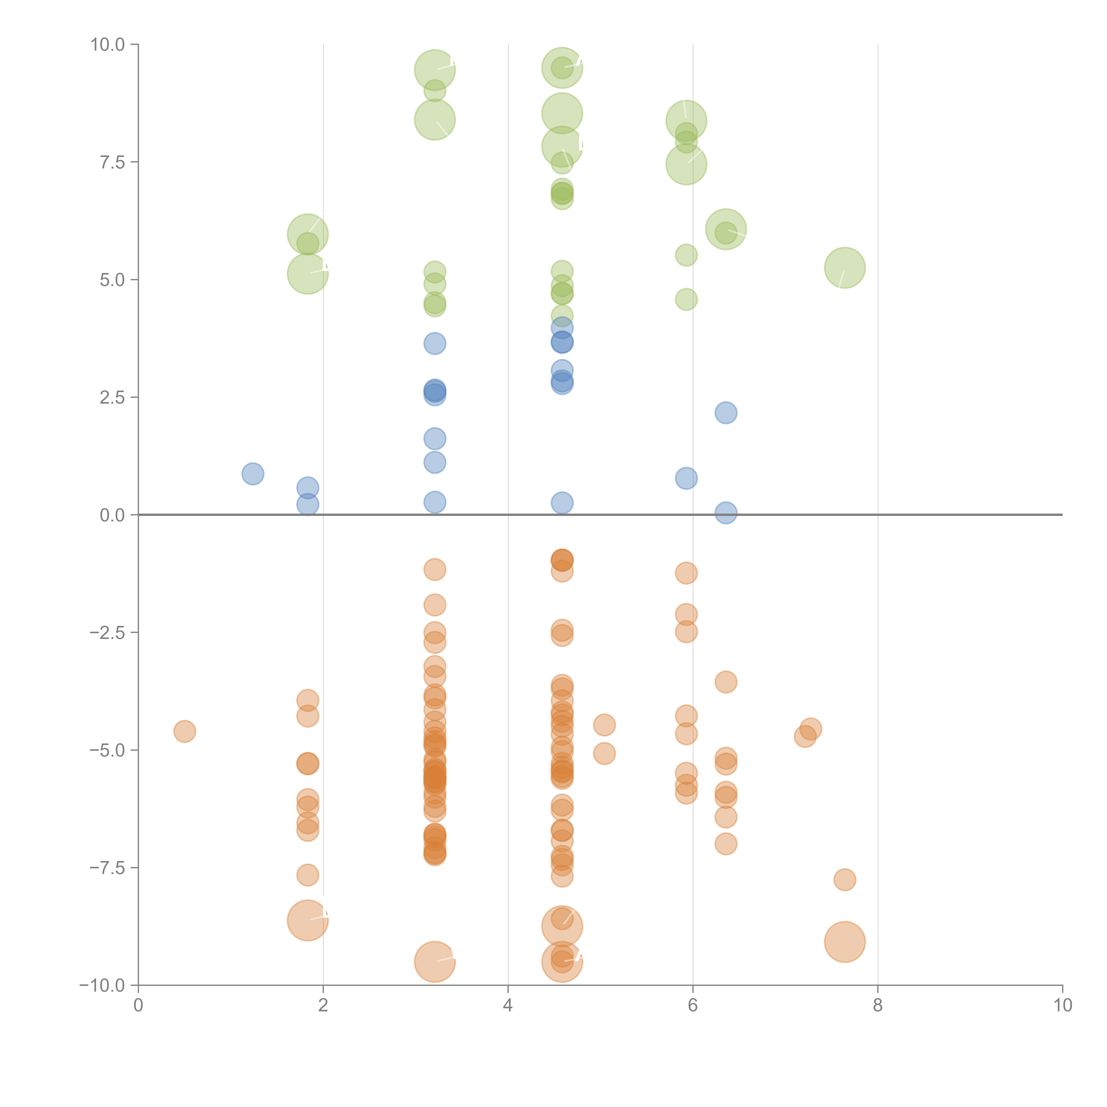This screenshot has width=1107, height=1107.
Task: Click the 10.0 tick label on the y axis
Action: point(108,45)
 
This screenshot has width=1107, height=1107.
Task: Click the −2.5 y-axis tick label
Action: point(108,633)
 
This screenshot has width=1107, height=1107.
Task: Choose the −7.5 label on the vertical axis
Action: point(108,867)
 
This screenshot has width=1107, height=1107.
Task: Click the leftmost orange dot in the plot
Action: point(184,731)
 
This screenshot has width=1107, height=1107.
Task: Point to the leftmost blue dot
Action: point(253,474)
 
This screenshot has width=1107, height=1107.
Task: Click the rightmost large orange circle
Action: point(845,942)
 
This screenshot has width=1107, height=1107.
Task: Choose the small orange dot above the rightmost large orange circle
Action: point(845,880)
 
